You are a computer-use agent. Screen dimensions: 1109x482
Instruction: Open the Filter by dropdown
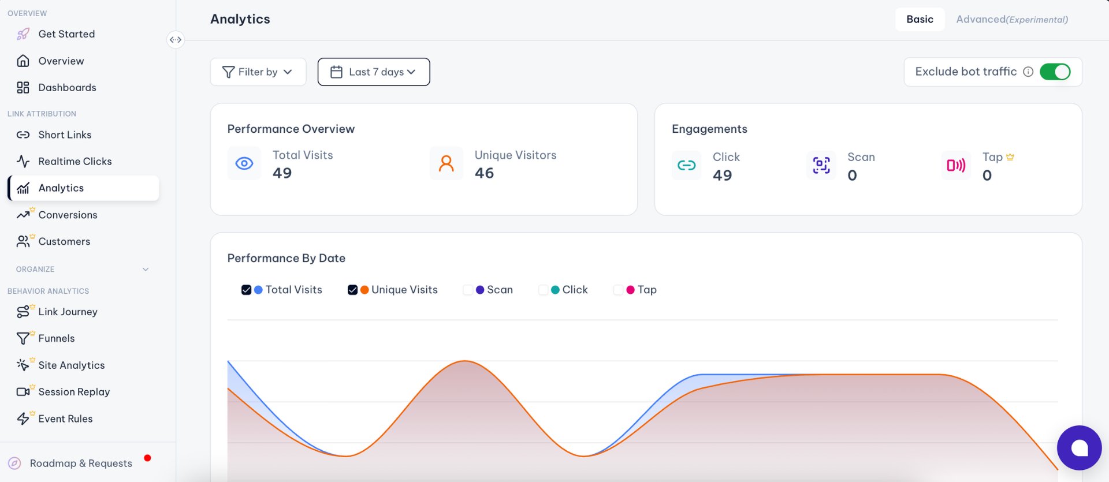(x=258, y=72)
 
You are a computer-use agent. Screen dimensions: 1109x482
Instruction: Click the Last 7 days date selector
(x=374, y=72)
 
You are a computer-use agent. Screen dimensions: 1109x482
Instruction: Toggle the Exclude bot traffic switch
(x=1055, y=72)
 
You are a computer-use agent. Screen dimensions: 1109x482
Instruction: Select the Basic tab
(x=920, y=19)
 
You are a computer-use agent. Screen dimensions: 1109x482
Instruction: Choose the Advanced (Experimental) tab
(x=1012, y=19)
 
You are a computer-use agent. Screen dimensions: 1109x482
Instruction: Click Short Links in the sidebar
(x=65, y=134)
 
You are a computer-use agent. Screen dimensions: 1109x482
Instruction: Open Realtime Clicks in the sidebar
(x=75, y=161)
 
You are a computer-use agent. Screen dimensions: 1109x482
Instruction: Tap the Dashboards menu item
(x=67, y=87)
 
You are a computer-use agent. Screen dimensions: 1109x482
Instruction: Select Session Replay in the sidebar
(x=74, y=391)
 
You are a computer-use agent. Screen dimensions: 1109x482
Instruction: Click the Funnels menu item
(x=57, y=338)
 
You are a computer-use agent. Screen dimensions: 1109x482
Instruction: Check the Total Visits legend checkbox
(x=246, y=290)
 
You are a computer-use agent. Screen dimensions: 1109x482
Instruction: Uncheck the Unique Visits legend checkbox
(x=352, y=290)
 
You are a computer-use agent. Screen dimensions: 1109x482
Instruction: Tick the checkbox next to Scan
(x=468, y=290)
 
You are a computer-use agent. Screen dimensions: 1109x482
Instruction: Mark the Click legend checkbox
(x=543, y=290)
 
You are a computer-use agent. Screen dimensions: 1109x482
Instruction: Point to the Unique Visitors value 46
(x=484, y=173)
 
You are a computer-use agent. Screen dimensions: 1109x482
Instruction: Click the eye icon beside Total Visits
(x=244, y=163)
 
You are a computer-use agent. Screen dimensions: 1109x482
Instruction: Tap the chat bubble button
(x=1079, y=448)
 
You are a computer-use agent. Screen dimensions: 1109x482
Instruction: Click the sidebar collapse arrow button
(x=176, y=40)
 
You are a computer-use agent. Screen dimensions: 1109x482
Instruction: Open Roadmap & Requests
(x=81, y=463)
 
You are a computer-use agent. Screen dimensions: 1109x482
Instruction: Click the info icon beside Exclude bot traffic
(x=1028, y=72)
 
